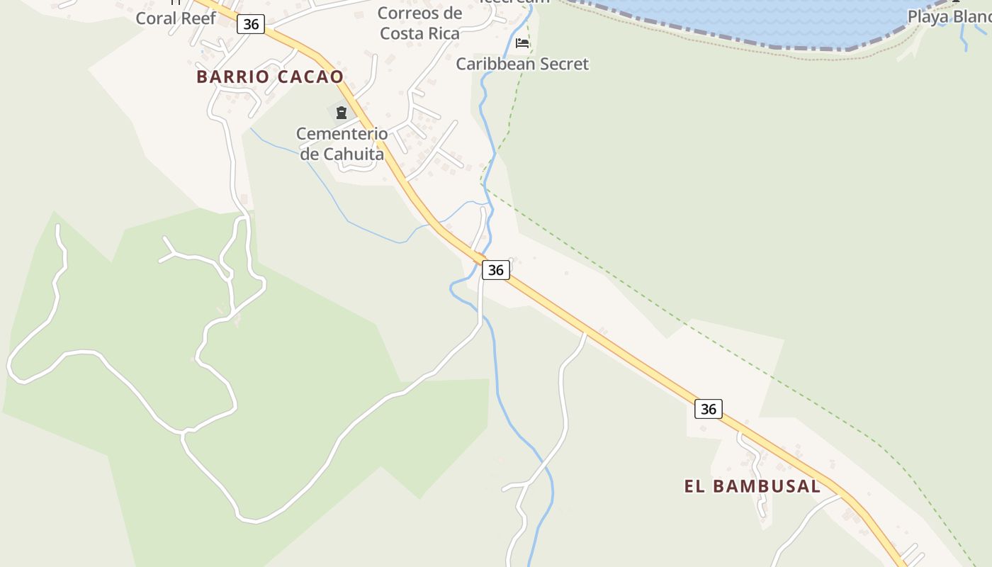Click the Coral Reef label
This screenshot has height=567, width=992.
[x=176, y=18]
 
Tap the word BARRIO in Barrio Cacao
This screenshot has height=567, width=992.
[x=232, y=77]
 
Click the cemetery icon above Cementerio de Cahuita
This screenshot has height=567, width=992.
[x=342, y=112]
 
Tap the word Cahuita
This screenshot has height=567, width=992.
[x=354, y=154]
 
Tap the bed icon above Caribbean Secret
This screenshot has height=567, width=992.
[x=522, y=43]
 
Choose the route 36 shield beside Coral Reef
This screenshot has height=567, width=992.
[x=251, y=24]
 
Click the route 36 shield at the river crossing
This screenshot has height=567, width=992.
[x=496, y=270]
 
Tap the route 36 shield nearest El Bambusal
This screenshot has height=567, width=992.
[x=709, y=409]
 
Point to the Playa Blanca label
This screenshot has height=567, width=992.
[x=949, y=16]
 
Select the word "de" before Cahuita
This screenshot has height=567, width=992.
[x=310, y=154]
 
